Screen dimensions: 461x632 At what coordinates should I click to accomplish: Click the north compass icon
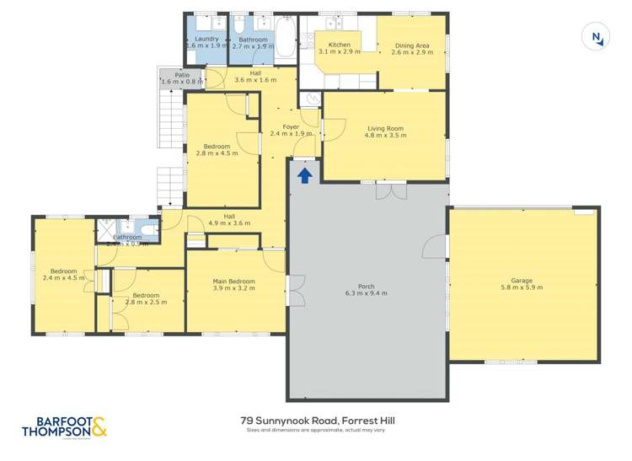click(x=597, y=37)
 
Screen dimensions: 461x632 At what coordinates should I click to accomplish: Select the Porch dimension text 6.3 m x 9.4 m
click(x=366, y=293)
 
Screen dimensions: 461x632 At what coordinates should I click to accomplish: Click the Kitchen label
click(x=340, y=45)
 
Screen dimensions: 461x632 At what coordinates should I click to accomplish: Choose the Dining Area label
click(x=412, y=45)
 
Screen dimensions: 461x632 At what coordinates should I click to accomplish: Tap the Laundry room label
click(x=206, y=39)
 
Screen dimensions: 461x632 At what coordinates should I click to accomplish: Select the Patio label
click(x=182, y=75)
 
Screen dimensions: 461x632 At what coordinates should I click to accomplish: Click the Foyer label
click(x=291, y=126)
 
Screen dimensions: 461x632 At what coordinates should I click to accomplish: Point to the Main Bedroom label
click(x=234, y=281)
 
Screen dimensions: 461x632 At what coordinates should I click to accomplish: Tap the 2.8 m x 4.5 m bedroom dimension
click(x=217, y=153)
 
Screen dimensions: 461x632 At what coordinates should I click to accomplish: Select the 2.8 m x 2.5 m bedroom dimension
click(x=146, y=302)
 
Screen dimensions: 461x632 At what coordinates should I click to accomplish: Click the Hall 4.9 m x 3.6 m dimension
click(x=230, y=223)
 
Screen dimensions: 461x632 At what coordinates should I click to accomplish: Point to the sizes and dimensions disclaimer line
click(x=315, y=431)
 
